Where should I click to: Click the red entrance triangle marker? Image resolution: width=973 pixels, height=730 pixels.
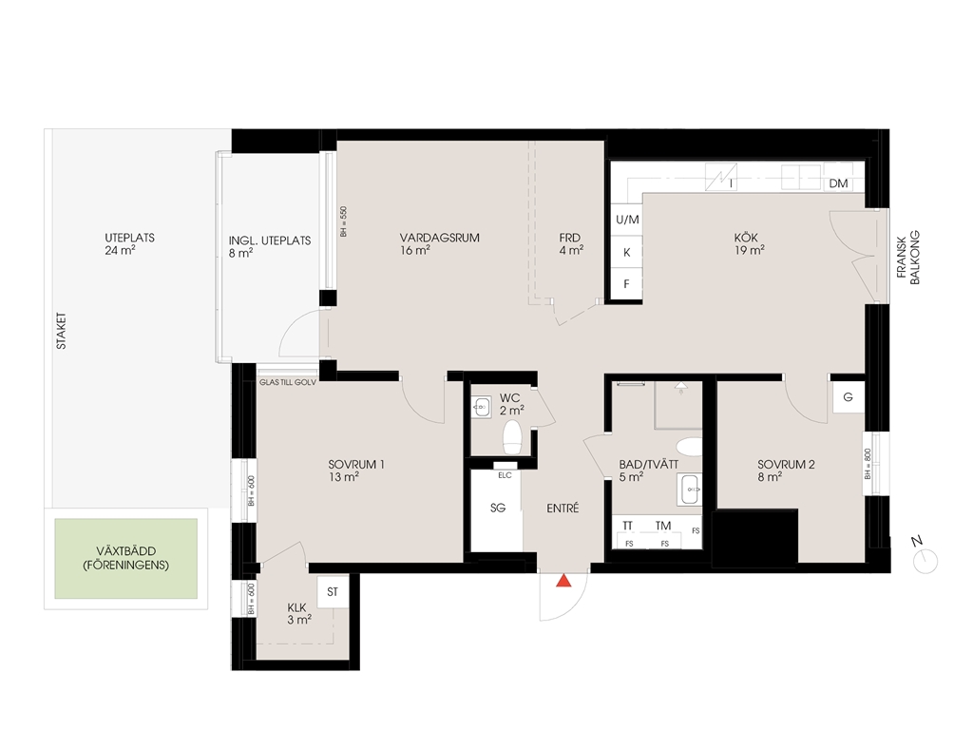coord(563,581)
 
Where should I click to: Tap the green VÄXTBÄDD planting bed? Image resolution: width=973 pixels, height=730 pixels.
coord(126,559)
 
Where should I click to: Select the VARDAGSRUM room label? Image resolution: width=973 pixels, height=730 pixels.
coord(439,238)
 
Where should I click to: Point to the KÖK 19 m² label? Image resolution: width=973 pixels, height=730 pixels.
coord(749,244)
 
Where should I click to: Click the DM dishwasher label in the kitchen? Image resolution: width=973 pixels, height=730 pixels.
coord(838,183)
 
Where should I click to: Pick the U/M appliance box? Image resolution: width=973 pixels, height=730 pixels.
coord(627,220)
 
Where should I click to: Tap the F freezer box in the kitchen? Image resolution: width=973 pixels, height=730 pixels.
coord(627,284)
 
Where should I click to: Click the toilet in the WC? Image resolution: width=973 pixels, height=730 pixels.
coord(512,437)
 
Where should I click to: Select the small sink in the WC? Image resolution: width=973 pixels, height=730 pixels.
coord(482,408)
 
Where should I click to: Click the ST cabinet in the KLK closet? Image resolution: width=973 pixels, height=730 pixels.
coord(333,591)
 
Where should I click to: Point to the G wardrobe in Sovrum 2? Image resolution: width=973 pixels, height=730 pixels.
coord(848,397)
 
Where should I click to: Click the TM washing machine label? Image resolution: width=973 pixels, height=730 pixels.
coord(662,526)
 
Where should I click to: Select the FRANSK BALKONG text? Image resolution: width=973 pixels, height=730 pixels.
coord(907,258)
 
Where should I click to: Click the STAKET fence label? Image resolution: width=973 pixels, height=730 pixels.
coord(62,331)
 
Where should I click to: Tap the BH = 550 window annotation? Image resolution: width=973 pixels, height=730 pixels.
coord(343,221)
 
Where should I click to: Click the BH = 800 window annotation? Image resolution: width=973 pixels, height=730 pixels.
coord(868,464)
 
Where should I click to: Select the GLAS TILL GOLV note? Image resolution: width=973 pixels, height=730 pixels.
coord(287,382)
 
